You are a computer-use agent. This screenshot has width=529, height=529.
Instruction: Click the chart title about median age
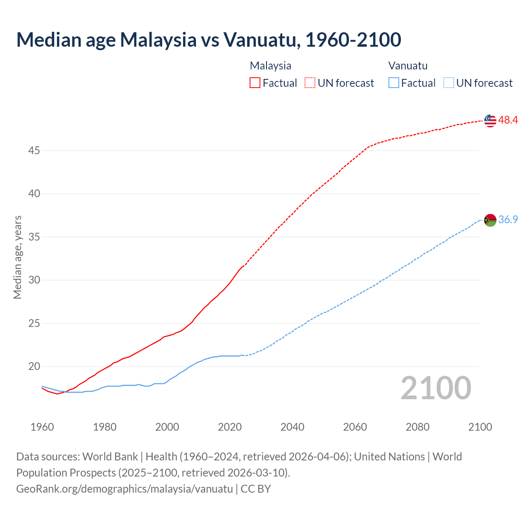[x=209, y=40]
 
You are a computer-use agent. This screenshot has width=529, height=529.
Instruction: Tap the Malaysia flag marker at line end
[x=490, y=120]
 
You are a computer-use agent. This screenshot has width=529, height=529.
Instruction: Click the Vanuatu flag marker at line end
[x=490, y=220]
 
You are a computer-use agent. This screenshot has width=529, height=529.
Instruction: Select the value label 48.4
[x=508, y=120]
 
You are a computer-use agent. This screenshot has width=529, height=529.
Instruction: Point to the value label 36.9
[x=508, y=220]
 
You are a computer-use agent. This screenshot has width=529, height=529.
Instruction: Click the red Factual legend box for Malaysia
[x=255, y=83]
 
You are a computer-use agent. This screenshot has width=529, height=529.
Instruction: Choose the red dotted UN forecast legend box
[x=310, y=83]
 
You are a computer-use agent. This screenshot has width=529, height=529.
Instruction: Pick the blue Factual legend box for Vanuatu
[x=394, y=83]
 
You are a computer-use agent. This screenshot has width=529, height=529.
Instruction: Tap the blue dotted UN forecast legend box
[x=449, y=83]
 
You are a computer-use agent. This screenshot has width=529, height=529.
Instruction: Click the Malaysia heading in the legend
[x=270, y=66]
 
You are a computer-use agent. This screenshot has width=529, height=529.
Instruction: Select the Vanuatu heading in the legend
[x=408, y=66]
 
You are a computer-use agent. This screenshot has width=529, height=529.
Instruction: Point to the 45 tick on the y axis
[x=34, y=151]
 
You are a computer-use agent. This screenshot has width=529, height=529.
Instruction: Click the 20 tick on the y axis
[x=34, y=367]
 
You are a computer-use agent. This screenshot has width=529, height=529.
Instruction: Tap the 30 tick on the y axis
[x=34, y=280]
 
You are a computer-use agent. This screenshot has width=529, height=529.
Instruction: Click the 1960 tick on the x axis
[x=42, y=427]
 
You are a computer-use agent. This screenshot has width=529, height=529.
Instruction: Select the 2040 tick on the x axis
[x=292, y=427]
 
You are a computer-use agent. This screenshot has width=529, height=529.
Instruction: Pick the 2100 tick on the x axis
[x=480, y=427]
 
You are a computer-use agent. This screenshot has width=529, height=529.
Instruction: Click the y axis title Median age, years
[x=17, y=257]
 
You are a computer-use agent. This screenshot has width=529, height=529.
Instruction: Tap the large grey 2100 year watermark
[x=436, y=388]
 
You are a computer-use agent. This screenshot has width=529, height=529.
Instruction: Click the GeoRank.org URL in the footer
[x=124, y=489]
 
